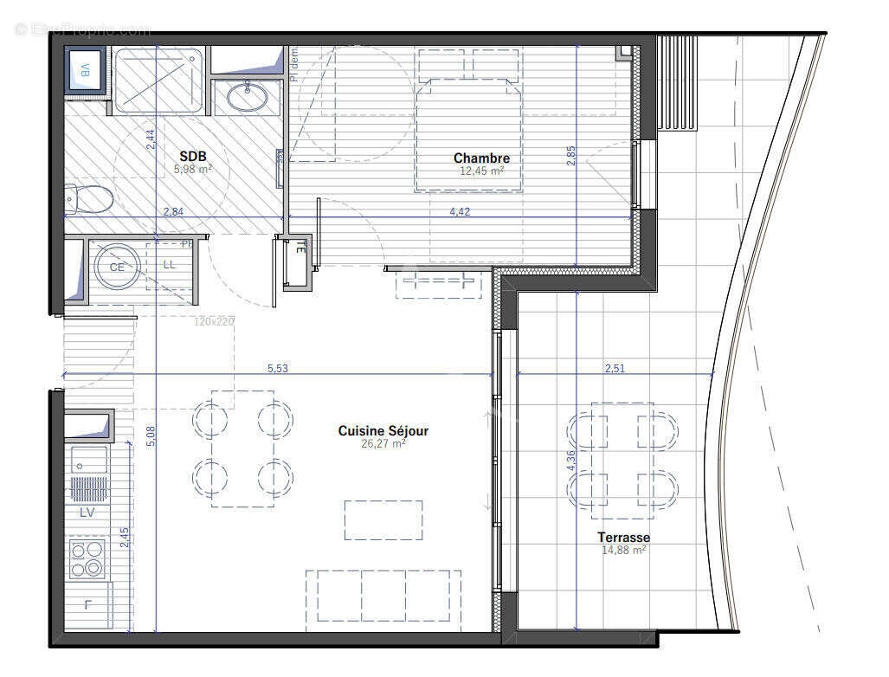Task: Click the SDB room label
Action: [192, 156]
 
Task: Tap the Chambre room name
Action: [481, 158]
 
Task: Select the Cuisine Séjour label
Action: [383, 430]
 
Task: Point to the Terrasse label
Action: [623, 537]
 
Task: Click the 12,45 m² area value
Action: [481, 171]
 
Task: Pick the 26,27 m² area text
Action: [383, 443]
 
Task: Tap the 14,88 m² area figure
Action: [623, 550]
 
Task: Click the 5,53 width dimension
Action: [278, 369]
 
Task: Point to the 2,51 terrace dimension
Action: [615, 369]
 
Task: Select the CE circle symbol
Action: [116, 267]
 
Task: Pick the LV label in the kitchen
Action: [87, 513]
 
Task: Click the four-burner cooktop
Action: [87, 558]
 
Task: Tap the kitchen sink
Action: [89, 460]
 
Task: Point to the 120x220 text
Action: [213, 321]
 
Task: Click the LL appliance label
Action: [169, 265]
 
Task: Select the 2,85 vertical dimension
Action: [570, 155]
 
